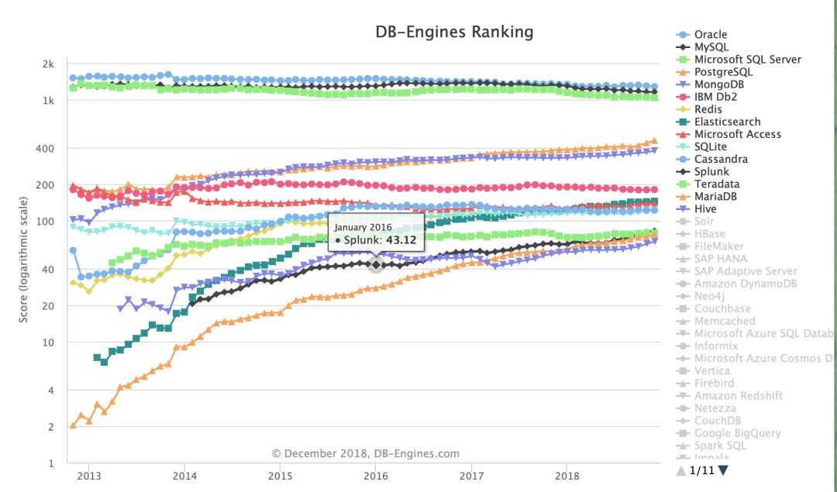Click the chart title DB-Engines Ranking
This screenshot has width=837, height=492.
454,32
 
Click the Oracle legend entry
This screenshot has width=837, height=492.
710,35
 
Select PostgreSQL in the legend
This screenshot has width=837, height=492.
723,72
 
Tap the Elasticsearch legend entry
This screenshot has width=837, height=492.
727,122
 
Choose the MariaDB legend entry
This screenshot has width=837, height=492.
716,196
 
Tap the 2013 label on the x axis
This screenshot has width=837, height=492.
89,474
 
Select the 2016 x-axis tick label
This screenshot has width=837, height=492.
376,474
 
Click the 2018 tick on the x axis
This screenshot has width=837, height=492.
567,474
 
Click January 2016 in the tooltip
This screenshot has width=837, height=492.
363,227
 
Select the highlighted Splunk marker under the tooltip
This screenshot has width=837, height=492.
376,264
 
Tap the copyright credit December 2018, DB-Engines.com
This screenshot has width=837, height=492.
365,453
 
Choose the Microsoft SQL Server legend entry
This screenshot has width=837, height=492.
747,60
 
